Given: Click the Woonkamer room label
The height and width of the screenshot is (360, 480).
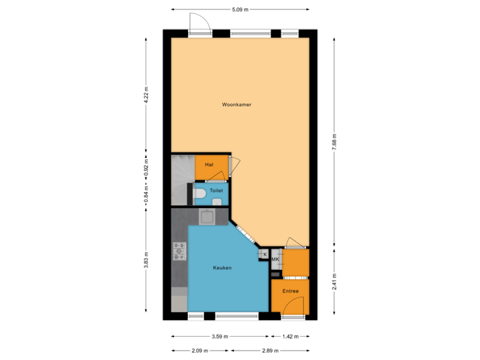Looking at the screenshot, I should [x=237, y=105].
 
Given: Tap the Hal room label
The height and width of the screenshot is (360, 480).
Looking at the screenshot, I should [x=209, y=164].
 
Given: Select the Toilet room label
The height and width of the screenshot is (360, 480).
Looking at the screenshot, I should [x=216, y=190].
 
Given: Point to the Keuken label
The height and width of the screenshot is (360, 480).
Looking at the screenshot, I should [x=222, y=267].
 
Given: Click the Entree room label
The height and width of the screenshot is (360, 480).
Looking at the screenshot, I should [x=290, y=291].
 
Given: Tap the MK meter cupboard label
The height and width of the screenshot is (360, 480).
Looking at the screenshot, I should [x=275, y=259].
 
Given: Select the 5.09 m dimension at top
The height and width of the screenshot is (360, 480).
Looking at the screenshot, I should [x=240, y=9].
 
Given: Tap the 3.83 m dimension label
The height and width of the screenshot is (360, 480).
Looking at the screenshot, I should [x=146, y=259].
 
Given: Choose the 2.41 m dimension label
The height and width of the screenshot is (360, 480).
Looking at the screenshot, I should [x=335, y=280].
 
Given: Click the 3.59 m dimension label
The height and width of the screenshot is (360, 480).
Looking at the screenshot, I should [x=220, y=337].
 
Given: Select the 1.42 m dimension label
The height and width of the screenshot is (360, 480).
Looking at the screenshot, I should [x=289, y=337].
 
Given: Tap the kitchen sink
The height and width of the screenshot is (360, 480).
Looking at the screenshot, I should [x=208, y=216].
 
